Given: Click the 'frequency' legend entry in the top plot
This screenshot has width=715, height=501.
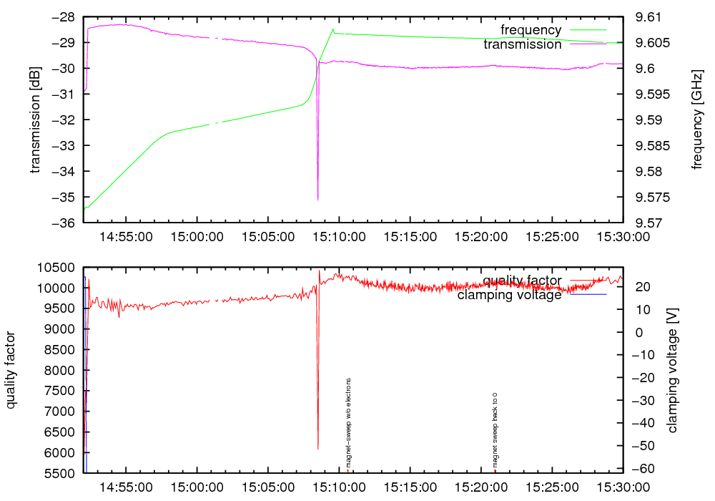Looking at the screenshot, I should tap(531, 30).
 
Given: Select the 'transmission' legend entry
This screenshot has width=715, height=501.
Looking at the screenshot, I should tap(523, 44).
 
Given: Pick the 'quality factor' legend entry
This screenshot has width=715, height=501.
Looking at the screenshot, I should tap(522, 281).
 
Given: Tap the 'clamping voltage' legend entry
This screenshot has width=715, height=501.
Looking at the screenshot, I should tap(510, 295).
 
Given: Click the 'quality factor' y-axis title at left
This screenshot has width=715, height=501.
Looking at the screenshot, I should tap(12, 370).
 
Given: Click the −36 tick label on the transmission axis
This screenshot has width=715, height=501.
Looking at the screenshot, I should tap(59, 223).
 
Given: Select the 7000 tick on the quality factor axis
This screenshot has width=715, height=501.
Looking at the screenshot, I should tap(58, 412).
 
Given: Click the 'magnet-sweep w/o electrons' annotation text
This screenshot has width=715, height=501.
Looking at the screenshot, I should tap(348, 422).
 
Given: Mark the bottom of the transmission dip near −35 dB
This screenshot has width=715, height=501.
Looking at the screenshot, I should tap(318, 200).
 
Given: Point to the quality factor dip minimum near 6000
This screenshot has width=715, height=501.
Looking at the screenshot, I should tap(318, 449).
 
